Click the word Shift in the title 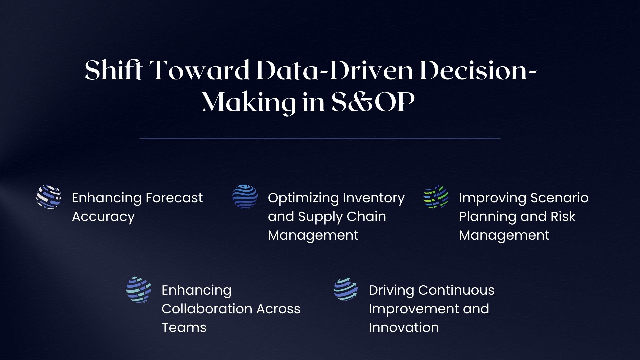tap(114, 70)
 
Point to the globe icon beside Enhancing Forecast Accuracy tap(49, 197)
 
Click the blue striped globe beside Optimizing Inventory tap(245, 197)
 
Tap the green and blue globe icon tap(436, 197)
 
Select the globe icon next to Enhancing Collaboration tap(139, 289)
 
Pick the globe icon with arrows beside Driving tap(346, 289)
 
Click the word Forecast tap(174, 198)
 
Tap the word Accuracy tap(103, 217)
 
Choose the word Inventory tap(374, 198)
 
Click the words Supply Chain tap(342, 217)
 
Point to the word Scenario tap(559, 198)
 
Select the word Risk tap(563, 217)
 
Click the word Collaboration tap(206, 309)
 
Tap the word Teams tap(184, 327)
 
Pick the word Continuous tap(456, 290)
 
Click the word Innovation tap(404, 327)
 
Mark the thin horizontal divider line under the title tap(320, 138)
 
